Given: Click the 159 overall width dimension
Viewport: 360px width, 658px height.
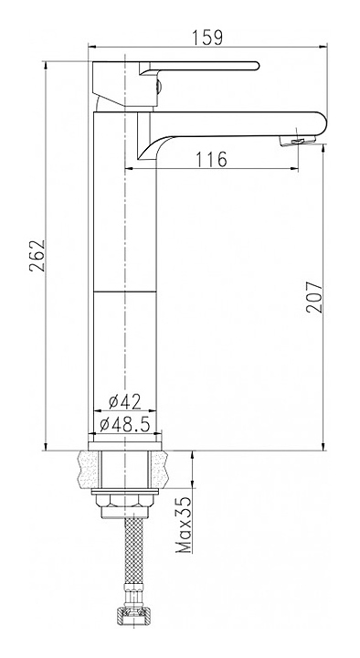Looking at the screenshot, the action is (207, 37).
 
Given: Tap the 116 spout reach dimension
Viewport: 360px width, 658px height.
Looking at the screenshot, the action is (211, 159).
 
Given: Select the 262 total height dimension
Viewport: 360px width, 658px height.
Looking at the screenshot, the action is (37, 256).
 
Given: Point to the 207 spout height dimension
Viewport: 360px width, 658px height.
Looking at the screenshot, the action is (314, 297).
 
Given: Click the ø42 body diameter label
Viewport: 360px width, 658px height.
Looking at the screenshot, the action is (124, 402).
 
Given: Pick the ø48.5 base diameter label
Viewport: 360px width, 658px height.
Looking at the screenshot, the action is (125, 425).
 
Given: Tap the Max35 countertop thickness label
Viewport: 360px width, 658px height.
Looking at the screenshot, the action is (183, 525).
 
